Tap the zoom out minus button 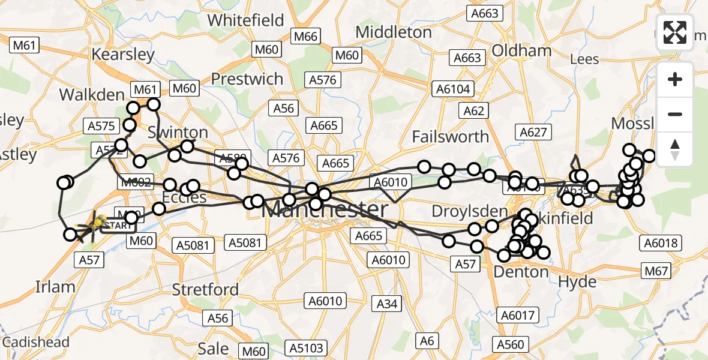(675, 114)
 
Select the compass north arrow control (675, 149)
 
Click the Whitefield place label (245, 20)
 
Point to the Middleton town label (394, 31)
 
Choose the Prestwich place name (247, 79)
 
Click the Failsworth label (450, 136)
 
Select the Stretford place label (205, 289)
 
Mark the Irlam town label (55, 287)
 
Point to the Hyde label (577, 282)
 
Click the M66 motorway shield (305, 36)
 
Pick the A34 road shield (387, 304)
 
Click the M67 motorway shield (656, 272)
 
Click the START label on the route (118, 226)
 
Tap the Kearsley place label (123, 54)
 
